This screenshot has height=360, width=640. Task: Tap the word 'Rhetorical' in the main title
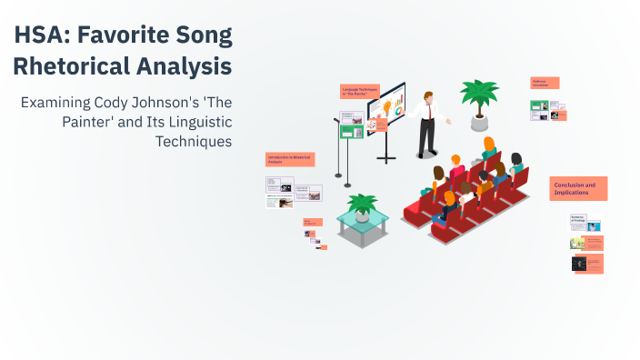click(67, 67)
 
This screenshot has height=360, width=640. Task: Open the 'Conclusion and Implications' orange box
click(578, 188)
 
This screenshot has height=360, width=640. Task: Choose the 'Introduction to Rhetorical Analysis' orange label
click(290, 159)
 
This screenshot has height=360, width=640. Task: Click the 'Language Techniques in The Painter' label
click(359, 92)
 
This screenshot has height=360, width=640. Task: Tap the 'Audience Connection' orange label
click(545, 83)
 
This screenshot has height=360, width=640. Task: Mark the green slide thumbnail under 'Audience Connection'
click(538, 105)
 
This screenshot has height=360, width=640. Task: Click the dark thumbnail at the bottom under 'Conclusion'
click(578, 263)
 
